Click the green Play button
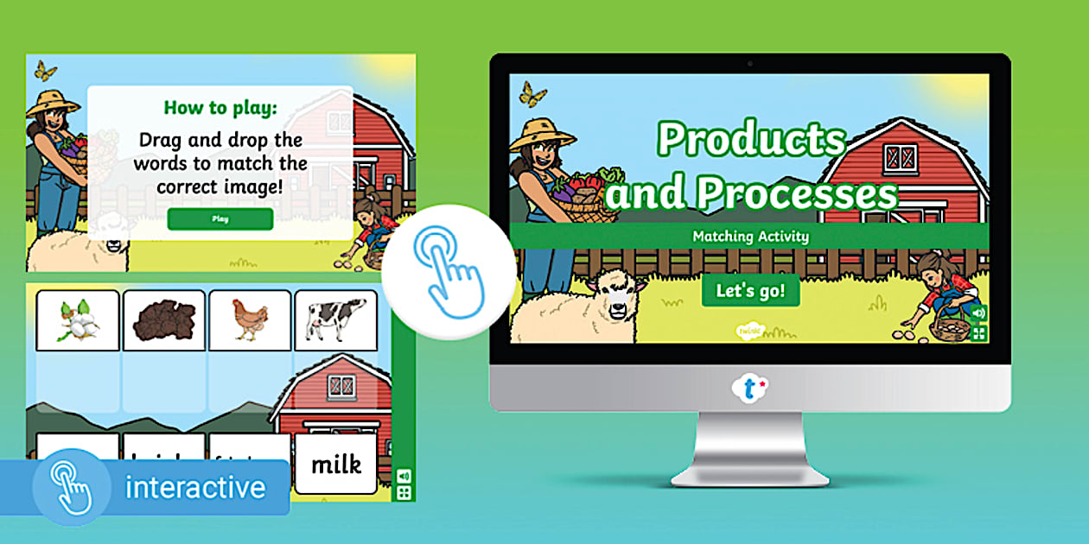(x=220, y=219)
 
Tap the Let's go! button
(x=750, y=291)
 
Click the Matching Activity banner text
(x=750, y=236)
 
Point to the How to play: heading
(x=220, y=108)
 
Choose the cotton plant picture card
(x=77, y=319)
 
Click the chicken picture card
(x=250, y=319)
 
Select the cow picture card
(x=335, y=319)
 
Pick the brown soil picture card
(x=163, y=319)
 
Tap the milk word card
(x=335, y=465)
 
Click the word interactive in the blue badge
(x=195, y=488)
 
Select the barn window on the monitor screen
(x=901, y=157)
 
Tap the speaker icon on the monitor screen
(x=979, y=313)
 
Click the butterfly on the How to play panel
(x=44, y=71)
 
